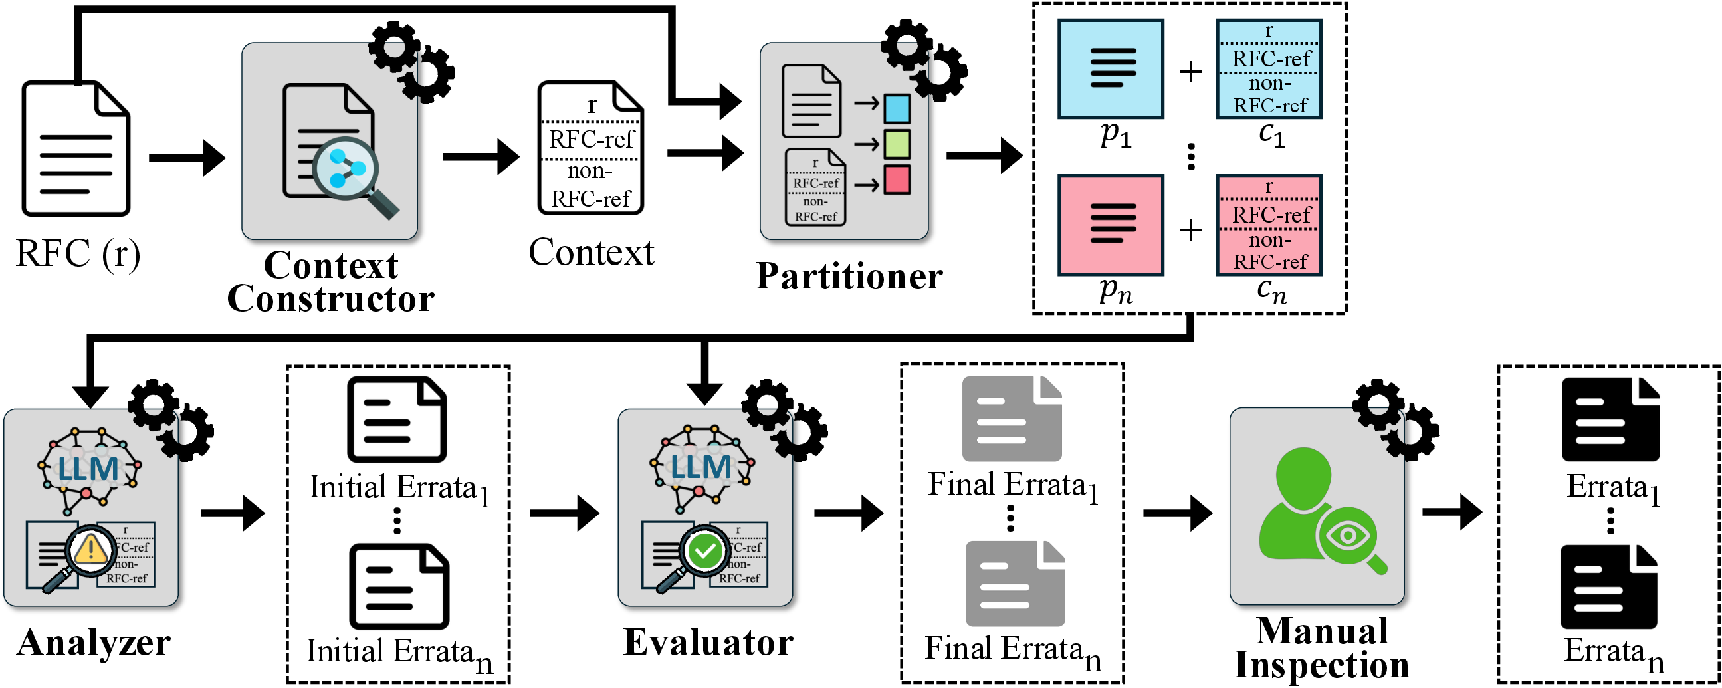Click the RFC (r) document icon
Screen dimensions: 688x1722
(x=76, y=148)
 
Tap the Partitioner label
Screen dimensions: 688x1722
(x=848, y=276)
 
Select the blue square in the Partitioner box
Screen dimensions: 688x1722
(x=897, y=108)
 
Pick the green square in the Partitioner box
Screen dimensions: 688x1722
(x=897, y=144)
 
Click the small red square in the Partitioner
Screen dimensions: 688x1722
(x=897, y=180)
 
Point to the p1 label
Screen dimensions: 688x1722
(x=1115, y=136)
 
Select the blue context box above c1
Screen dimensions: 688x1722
(x=1268, y=69)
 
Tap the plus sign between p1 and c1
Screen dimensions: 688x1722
(x=1190, y=72)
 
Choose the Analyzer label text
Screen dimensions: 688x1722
(x=94, y=643)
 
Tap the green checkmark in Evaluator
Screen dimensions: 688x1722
(x=704, y=551)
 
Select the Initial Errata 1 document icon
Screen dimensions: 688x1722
(x=396, y=420)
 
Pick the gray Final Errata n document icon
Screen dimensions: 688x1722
(x=1014, y=584)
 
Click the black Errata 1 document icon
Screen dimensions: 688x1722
(x=1610, y=420)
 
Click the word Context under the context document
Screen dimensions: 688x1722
(x=590, y=253)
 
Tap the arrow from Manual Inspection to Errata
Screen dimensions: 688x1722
(x=1452, y=512)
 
